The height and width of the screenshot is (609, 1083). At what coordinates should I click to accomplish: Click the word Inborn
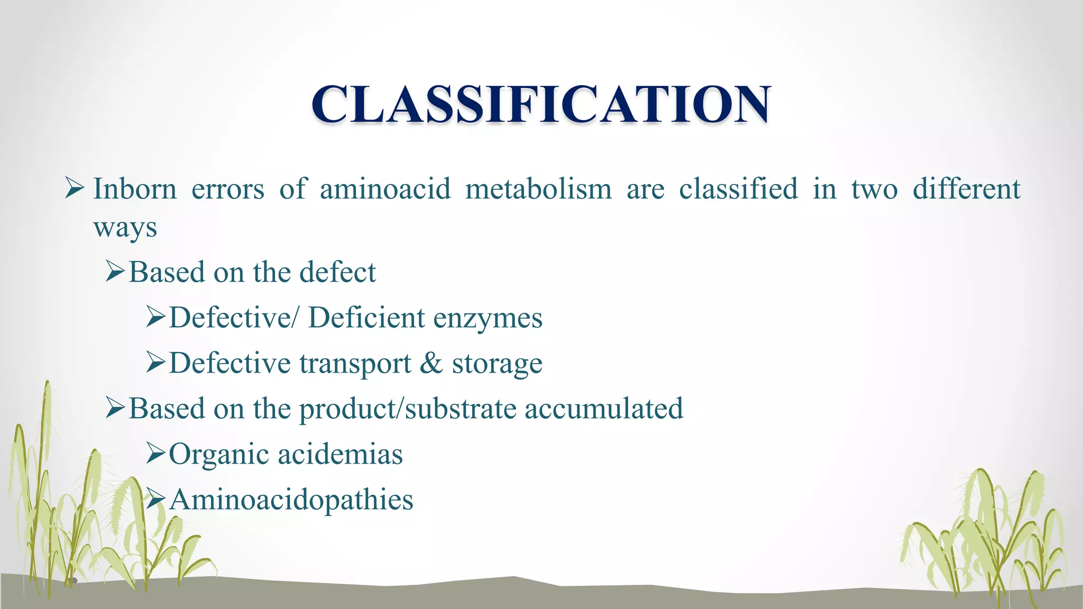[x=135, y=189]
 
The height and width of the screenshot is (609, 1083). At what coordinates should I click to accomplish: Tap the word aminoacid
[x=385, y=189]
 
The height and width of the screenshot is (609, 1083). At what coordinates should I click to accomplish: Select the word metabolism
[x=538, y=189]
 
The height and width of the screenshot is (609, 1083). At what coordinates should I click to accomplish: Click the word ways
[x=125, y=228]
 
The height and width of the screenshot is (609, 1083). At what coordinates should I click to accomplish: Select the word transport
[x=355, y=364]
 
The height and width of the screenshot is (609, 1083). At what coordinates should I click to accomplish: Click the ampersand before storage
[x=432, y=363]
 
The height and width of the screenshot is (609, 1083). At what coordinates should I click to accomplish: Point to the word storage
[x=497, y=364]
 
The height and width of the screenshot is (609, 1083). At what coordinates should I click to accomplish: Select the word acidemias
[x=340, y=454]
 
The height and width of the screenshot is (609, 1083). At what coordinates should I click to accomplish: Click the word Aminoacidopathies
[x=291, y=500]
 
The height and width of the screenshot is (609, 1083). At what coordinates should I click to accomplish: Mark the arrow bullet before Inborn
[x=74, y=189]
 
